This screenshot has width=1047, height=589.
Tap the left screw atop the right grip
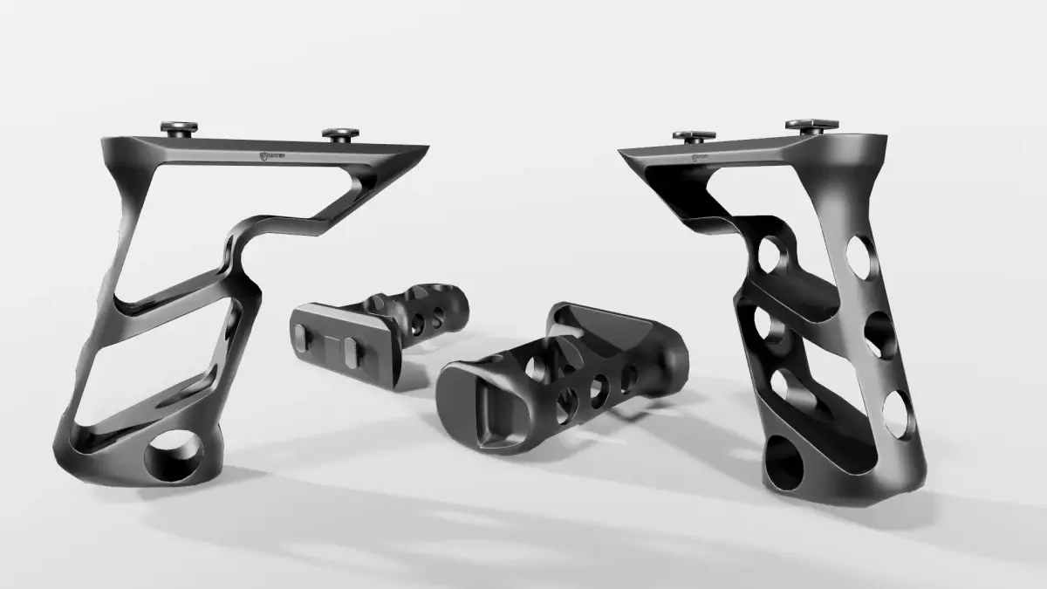[694, 136]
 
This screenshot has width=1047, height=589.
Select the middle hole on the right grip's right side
[879, 335]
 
